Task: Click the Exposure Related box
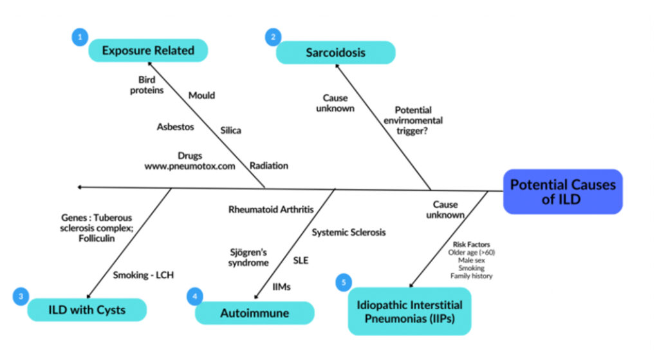tap(148, 50)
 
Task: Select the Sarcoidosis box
tap(335, 52)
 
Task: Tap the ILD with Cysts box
tap(87, 310)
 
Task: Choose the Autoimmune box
tap(254, 313)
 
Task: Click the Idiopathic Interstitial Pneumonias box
tap(409, 310)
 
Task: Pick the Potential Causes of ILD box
tap(562, 191)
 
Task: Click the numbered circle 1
tap(79, 37)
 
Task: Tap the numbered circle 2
tap(274, 37)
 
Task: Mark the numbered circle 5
tap(344, 282)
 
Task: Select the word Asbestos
tap(175, 127)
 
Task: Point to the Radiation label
tap(268, 166)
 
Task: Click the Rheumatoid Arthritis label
tap(271, 209)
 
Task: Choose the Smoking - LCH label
tap(144, 275)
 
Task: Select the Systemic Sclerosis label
tap(349, 232)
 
